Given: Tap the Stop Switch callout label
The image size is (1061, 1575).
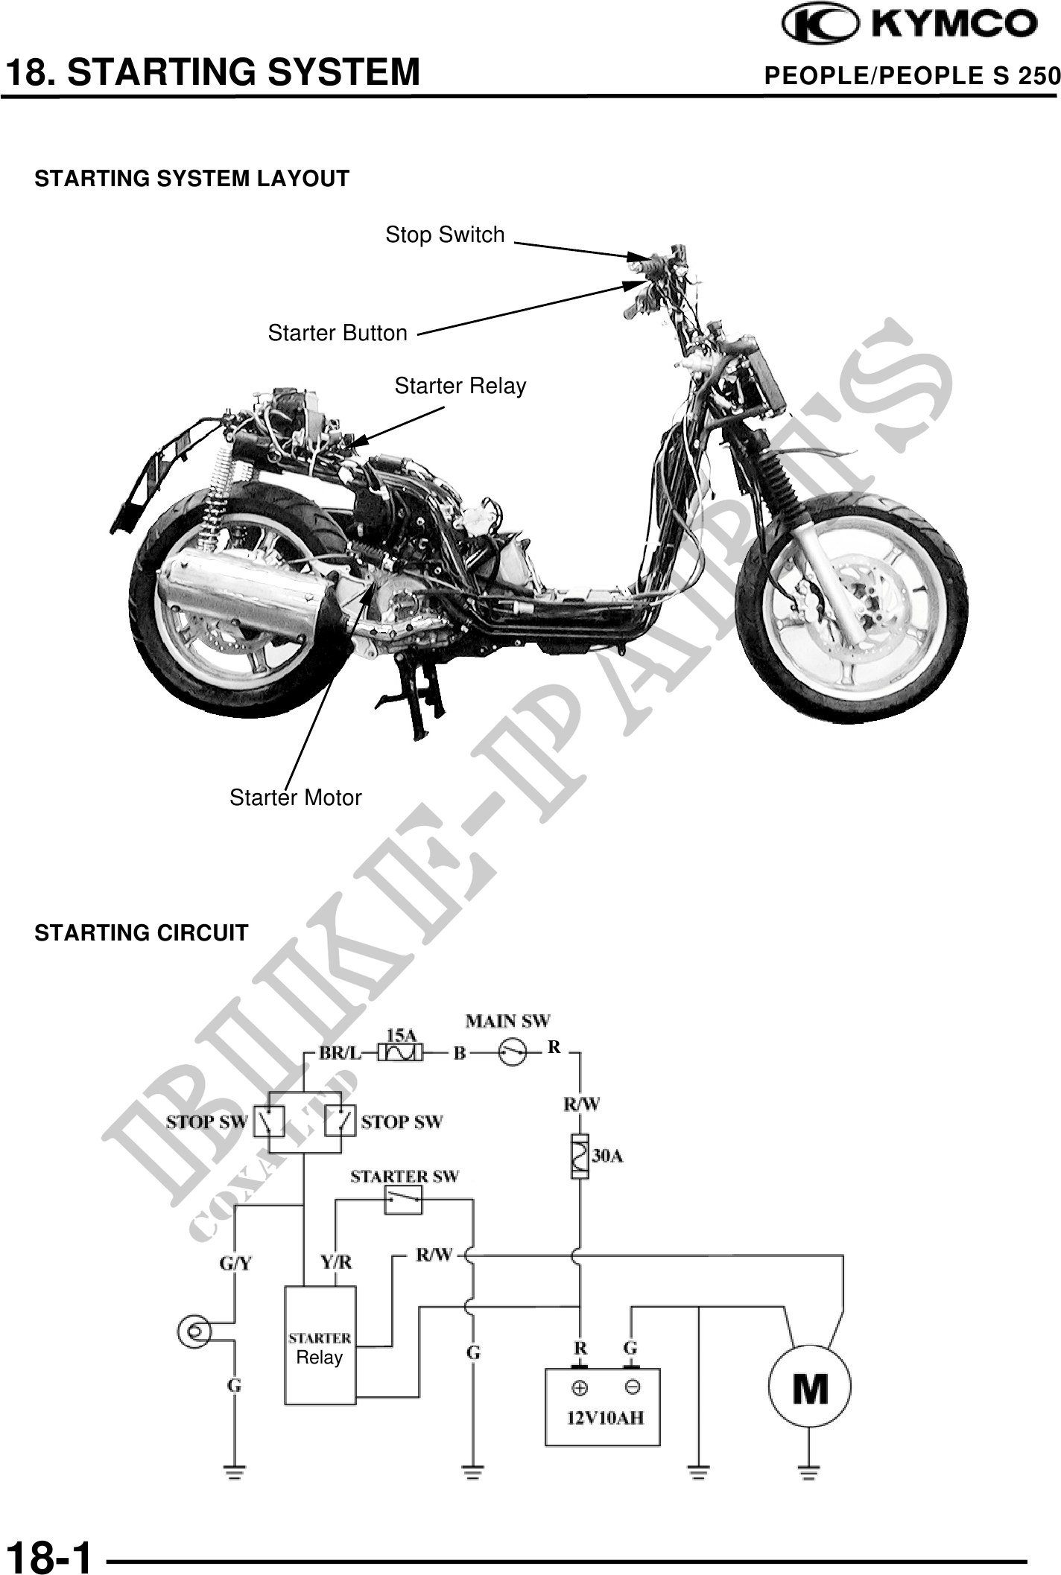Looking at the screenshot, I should (445, 235).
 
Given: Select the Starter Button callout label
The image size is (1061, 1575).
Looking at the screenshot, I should (338, 333).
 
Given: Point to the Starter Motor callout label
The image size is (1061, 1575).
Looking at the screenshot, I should (295, 798).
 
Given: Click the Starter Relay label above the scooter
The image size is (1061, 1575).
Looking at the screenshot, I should (460, 386).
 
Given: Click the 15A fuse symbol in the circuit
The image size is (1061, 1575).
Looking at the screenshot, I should (401, 1053).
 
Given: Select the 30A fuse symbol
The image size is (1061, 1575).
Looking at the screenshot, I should (580, 1156).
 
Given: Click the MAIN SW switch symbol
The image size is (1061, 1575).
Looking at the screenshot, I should (513, 1052).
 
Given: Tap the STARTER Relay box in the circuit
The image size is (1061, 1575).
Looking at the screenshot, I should (320, 1346).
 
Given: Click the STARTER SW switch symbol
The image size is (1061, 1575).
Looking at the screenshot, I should (403, 1200).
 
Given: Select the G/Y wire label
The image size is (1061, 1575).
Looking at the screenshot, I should (235, 1263).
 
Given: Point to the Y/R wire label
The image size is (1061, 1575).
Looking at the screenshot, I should (335, 1263).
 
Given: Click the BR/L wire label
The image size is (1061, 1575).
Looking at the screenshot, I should (340, 1053).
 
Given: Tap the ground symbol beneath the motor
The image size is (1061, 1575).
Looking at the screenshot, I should (809, 1471).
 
